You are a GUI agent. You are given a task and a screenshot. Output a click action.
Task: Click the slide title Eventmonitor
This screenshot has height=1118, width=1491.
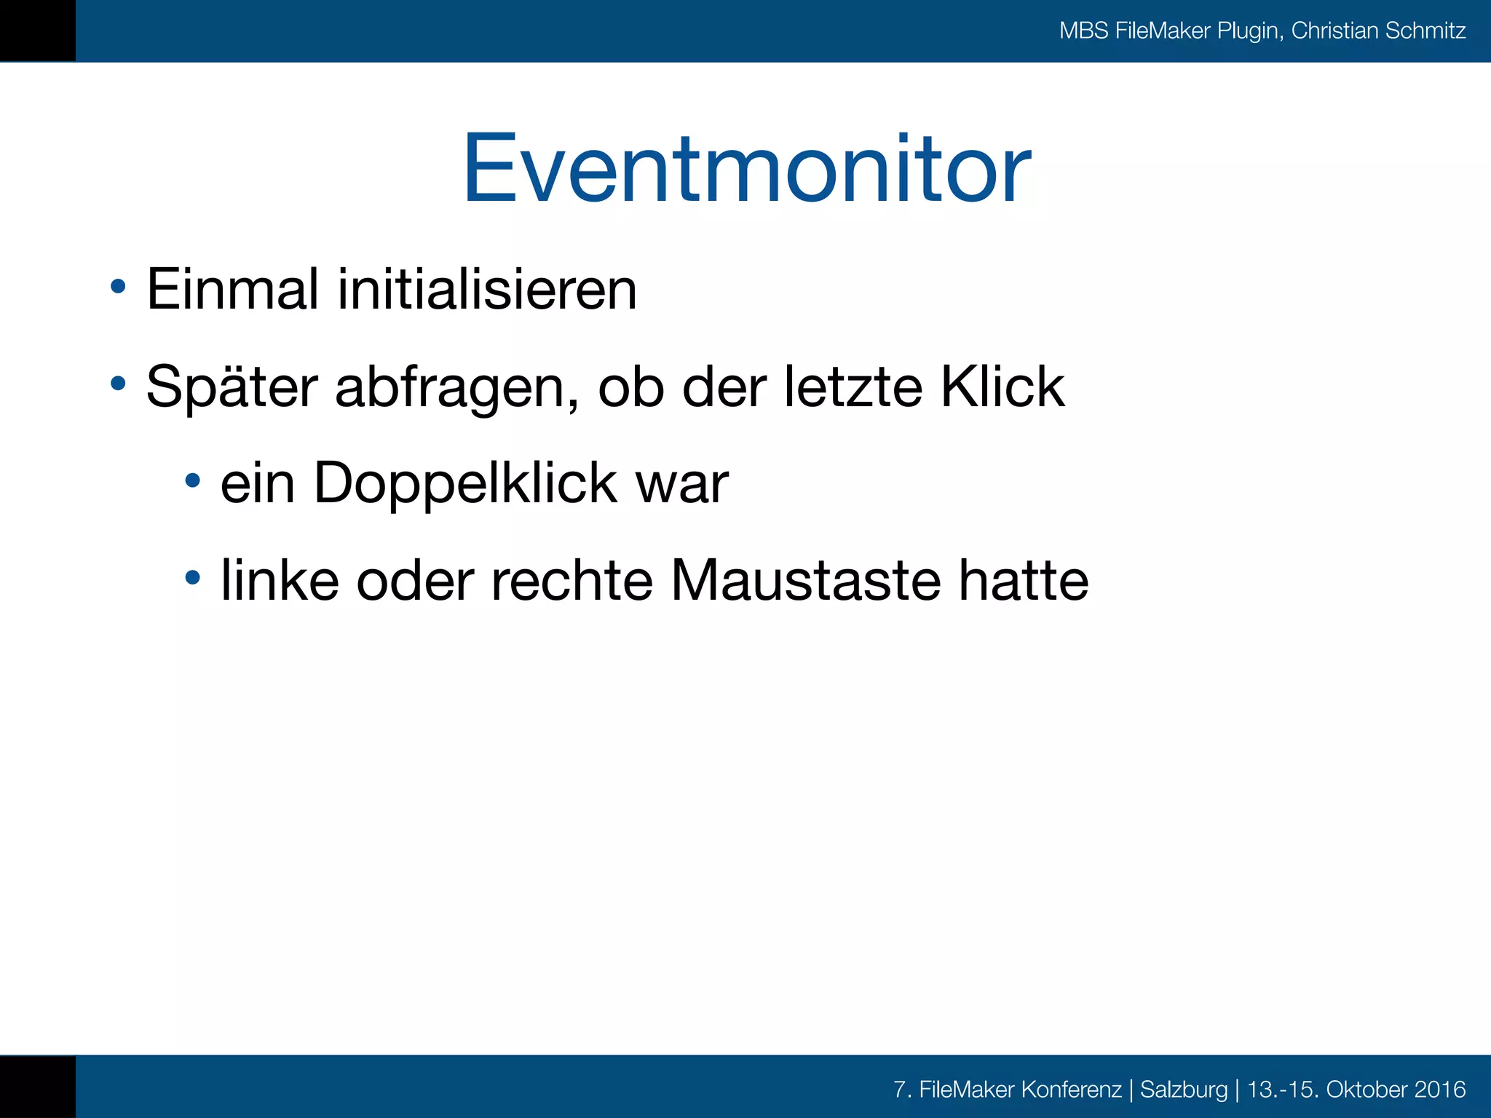(747, 169)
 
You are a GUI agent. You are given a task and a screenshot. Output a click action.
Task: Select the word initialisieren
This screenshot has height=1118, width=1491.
(487, 289)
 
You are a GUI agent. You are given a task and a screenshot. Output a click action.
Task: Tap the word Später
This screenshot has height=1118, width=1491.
(232, 387)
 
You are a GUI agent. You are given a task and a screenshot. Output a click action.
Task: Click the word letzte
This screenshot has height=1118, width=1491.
(853, 386)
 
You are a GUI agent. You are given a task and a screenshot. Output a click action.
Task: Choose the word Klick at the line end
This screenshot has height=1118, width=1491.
(1002, 386)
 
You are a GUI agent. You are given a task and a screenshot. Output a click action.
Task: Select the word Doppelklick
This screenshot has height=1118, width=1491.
(466, 483)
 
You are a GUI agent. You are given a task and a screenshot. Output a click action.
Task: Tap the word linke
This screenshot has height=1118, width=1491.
(280, 580)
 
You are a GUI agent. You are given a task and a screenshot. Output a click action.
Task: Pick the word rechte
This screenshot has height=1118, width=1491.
(572, 580)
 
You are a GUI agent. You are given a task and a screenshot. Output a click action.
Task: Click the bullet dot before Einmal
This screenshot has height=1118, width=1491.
(118, 286)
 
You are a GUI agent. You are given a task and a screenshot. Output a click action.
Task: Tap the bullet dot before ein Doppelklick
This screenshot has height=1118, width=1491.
(192, 480)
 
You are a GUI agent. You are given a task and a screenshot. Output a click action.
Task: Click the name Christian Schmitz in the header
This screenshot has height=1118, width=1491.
(1378, 31)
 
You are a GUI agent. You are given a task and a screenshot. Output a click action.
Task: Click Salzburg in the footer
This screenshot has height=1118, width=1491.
(1184, 1090)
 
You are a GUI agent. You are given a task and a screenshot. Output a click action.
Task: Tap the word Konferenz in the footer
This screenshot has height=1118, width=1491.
(1071, 1090)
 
